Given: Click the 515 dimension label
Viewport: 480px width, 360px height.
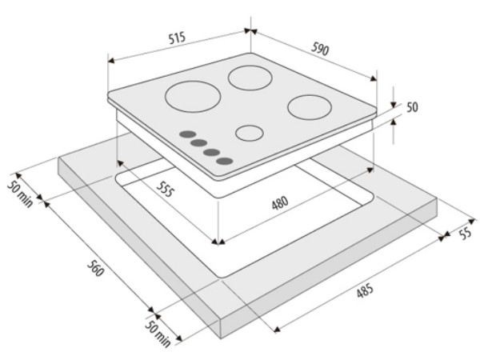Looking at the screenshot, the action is click(x=178, y=38).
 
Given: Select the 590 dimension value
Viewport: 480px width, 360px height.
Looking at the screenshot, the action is click(x=320, y=49).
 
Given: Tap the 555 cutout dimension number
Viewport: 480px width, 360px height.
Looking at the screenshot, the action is click(x=166, y=189).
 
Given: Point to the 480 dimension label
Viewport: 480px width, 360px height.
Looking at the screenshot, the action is click(x=280, y=203).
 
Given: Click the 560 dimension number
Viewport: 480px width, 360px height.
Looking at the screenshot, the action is click(x=96, y=268).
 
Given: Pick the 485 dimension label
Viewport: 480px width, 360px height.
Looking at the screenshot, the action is click(x=365, y=290).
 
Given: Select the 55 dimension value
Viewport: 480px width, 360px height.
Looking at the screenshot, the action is click(x=466, y=234).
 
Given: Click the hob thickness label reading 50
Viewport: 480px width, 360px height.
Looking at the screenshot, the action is click(x=412, y=107).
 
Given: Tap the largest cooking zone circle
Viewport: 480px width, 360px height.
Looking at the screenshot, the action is click(x=193, y=97).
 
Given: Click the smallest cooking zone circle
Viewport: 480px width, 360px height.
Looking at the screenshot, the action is click(x=250, y=133).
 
